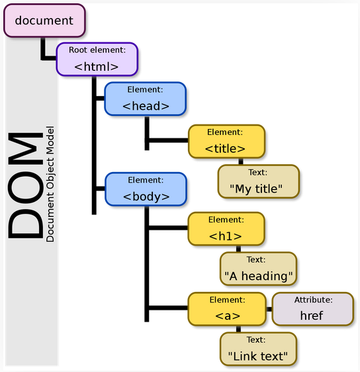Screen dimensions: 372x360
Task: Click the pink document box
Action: point(44,21)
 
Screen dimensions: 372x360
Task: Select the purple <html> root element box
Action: point(97,60)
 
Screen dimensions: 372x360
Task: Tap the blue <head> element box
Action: point(146,99)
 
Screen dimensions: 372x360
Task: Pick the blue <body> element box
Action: point(146,189)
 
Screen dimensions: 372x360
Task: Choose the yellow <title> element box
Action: point(226,141)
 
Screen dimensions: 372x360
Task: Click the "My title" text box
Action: point(258,182)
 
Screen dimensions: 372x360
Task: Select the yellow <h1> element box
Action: point(226,228)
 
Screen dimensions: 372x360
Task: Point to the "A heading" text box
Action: point(259,269)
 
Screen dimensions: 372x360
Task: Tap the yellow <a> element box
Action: point(226,309)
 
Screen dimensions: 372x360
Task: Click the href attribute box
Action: point(312,309)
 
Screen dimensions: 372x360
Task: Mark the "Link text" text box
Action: point(258,349)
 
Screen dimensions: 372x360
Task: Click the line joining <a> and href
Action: point(268,309)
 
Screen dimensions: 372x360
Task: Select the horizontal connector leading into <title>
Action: point(167,140)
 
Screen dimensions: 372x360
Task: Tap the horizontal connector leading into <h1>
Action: point(167,228)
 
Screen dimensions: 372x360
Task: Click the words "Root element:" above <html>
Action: point(97,49)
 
